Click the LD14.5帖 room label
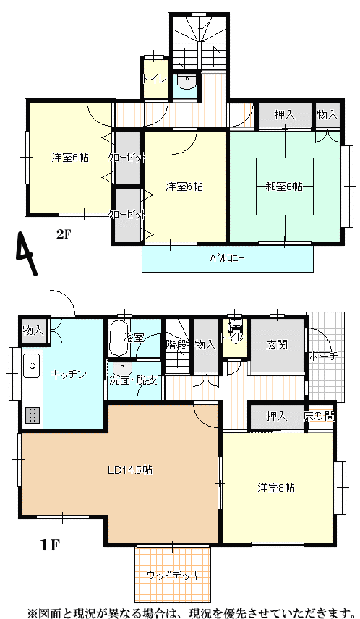130,470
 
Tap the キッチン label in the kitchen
69,375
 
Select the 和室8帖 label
284,187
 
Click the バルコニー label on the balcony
228,259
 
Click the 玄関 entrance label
277,345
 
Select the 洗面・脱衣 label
134,381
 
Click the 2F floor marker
63,234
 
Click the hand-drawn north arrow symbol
27,253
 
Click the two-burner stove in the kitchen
33,414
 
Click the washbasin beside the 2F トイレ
186,82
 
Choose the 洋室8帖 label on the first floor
276,488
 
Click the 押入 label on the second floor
285,115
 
